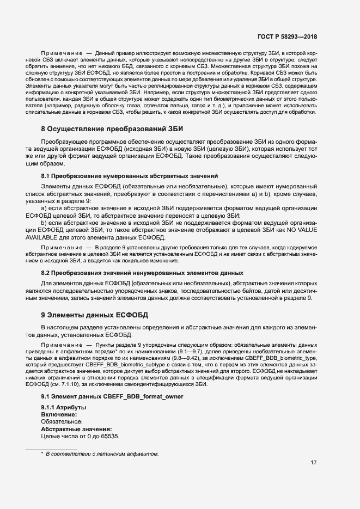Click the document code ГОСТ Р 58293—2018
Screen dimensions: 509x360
coord(287,36)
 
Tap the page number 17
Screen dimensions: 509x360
coord(314,463)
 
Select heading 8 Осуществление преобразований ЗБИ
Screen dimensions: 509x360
coord(112,129)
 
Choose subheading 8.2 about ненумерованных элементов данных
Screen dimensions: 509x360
coord(142,273)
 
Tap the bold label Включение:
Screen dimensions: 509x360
coord(59,415)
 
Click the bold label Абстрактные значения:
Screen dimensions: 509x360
coord(76,429)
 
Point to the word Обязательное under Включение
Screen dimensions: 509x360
coord(62,422)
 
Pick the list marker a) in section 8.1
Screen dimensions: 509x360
coord(44,208)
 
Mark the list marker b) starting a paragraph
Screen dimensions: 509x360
coord(44,223)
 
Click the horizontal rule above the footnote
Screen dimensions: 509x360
coord(52,449)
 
